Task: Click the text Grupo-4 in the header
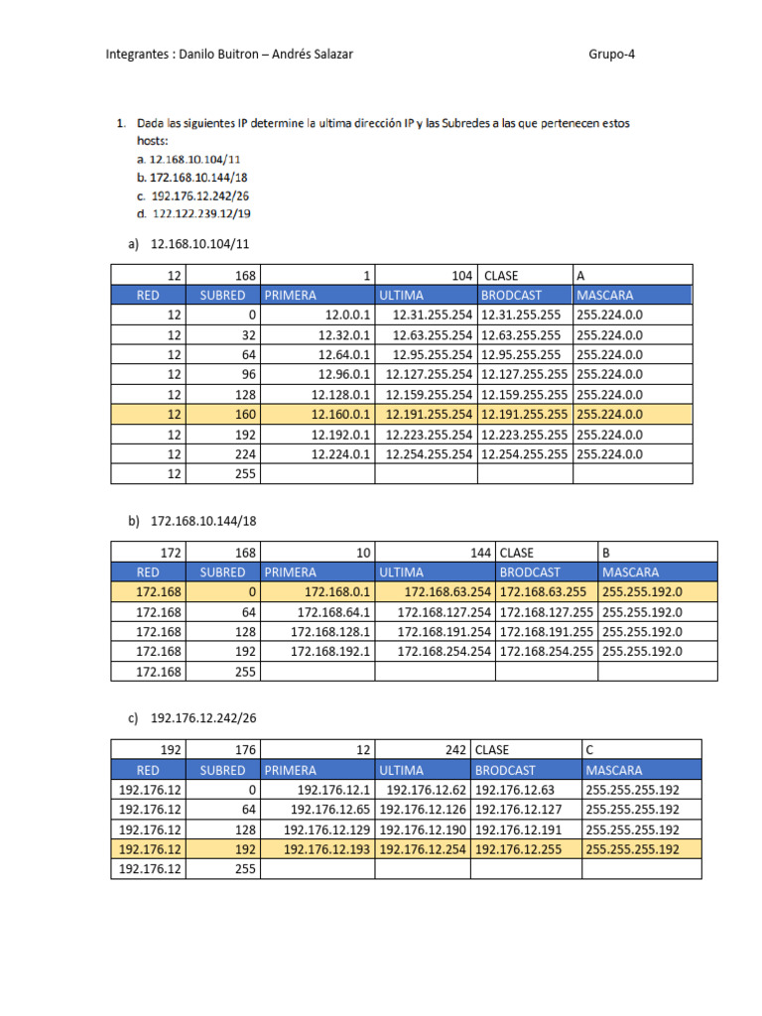click(611, 55)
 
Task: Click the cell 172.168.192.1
click(330, 651)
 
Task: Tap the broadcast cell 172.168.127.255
click(546, 611)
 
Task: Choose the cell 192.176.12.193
click(326, 849)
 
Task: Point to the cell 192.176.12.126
click(422, 810)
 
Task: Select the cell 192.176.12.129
click(326, 829)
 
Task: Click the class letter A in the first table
click(579, 275)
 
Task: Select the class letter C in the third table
click(590, 749)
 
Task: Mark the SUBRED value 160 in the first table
click(246, 414)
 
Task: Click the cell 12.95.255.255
click(521, 354)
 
